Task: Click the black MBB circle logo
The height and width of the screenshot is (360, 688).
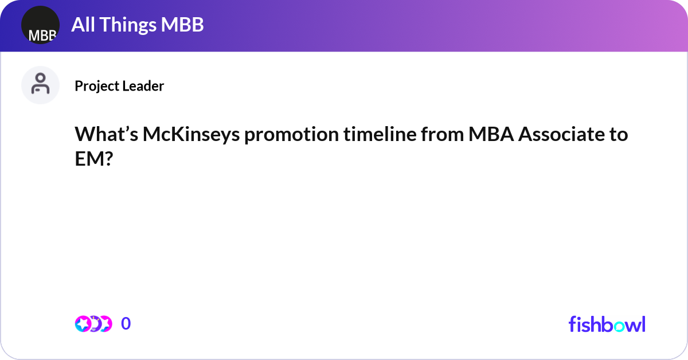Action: click(40, 25)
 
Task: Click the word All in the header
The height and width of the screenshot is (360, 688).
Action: click(83, 25)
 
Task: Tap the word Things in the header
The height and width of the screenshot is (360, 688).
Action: click(130, 25)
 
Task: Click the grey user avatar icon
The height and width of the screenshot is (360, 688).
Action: click(40, 85)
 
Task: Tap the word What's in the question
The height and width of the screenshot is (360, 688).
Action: click(106, 135)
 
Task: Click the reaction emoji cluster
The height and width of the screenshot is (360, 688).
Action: click(93, 324)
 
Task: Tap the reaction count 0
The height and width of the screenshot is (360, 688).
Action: click(126, 324)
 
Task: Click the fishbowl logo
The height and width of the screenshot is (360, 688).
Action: click(607, 324)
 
